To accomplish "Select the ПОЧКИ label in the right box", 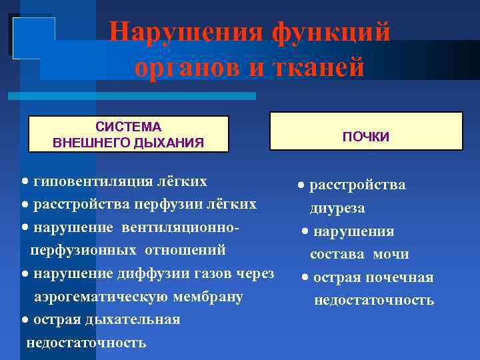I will (x=366, y=136).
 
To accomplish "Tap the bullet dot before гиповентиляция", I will (x=25, y=182).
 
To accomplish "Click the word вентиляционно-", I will (x=180, y=227).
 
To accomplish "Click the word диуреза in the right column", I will (x=337, y=208).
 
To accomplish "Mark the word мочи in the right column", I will (x=391, y=254).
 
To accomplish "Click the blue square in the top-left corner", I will (x=32, y=36).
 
